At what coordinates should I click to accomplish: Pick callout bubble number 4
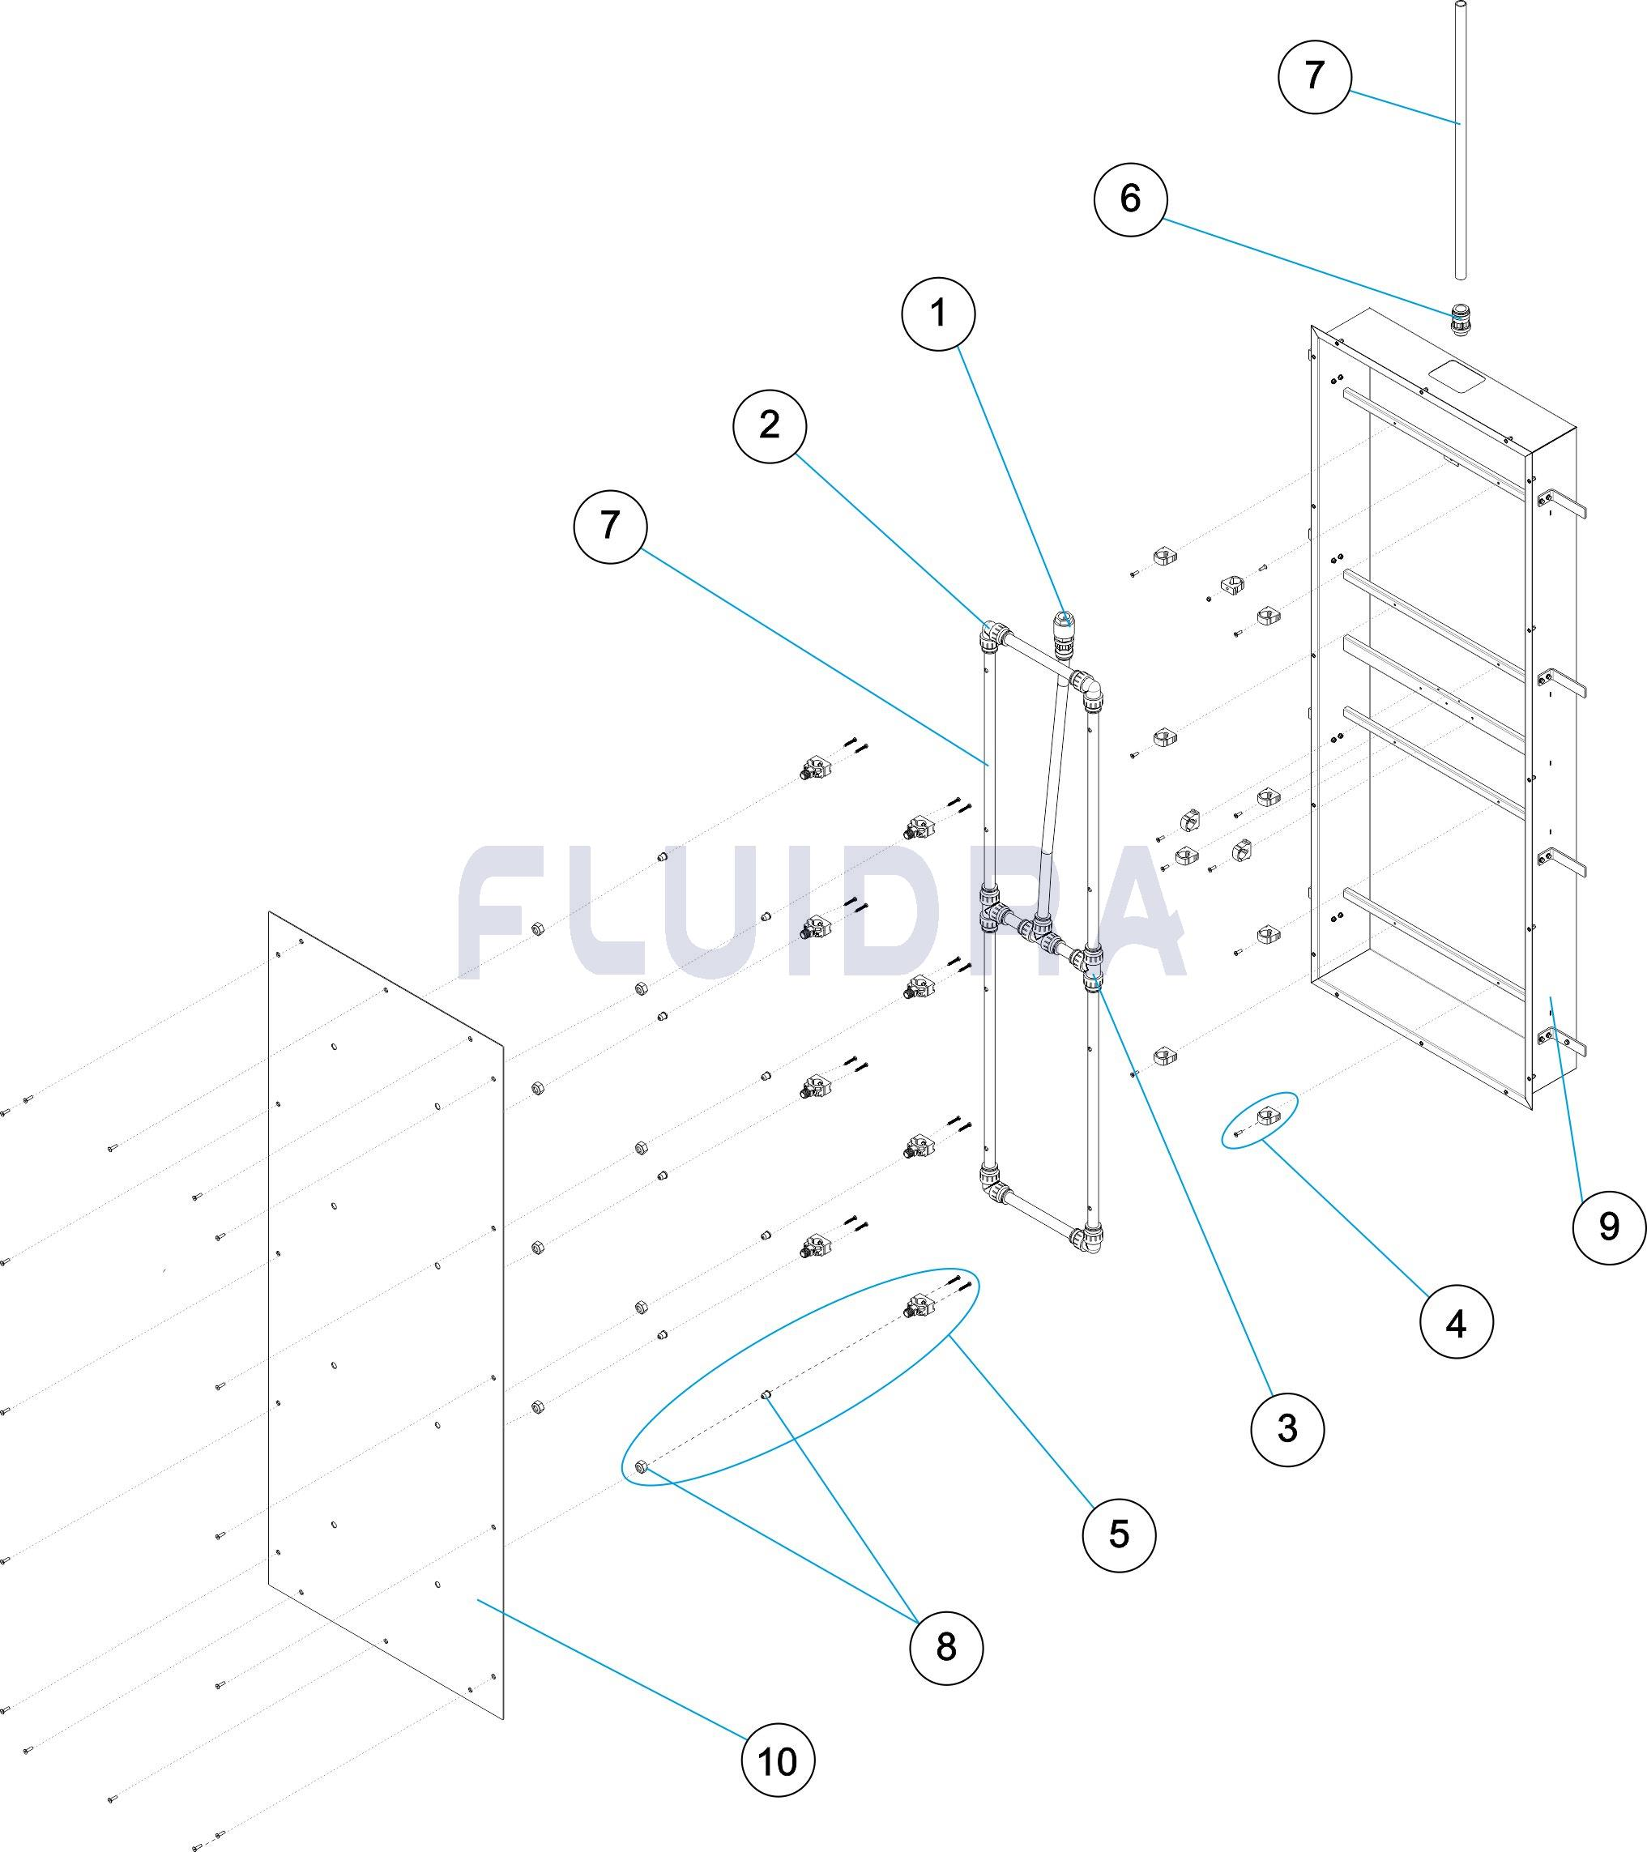click(x=1455, y=1324)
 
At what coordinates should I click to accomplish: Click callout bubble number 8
click(x=945, y=1646)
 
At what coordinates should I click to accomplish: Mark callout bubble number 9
click(x=1608, y=1226)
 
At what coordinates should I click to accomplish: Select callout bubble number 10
click(x=777, y=1761)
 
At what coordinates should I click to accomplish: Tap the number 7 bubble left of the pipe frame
click(x=610, y=526)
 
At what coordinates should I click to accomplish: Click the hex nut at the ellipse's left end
click(x=642, y=1468)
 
